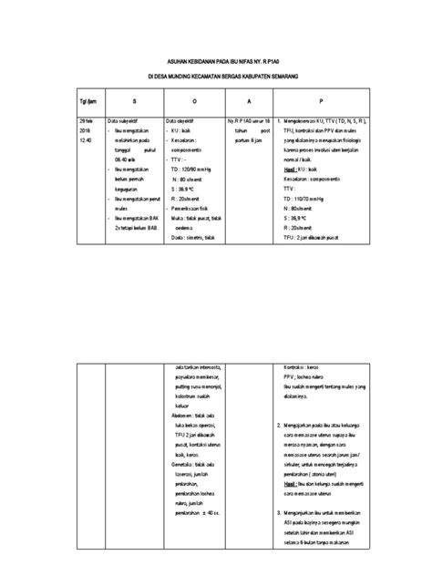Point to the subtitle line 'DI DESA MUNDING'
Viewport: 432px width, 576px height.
click(216, 75)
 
